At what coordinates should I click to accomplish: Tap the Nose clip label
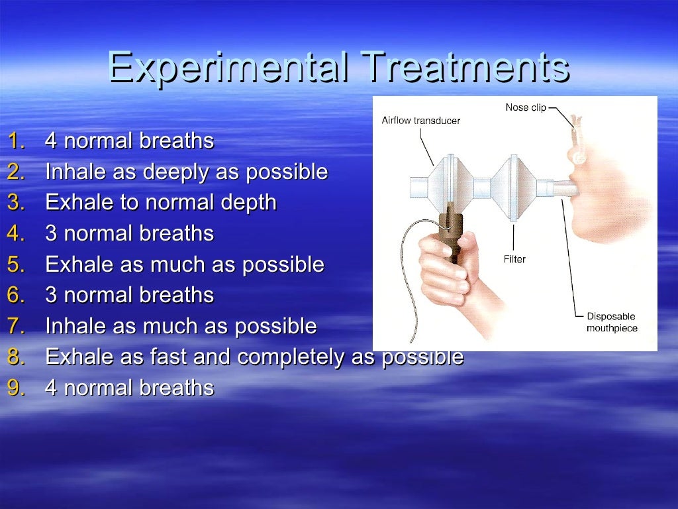tap(526, 107)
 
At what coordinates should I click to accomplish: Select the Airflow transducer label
tap(420, 121)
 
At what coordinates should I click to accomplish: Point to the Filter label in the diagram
tap(514, 259)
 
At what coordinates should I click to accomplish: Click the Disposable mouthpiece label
tap(611, 322)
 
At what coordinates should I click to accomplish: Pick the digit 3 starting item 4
tap(51, 234)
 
